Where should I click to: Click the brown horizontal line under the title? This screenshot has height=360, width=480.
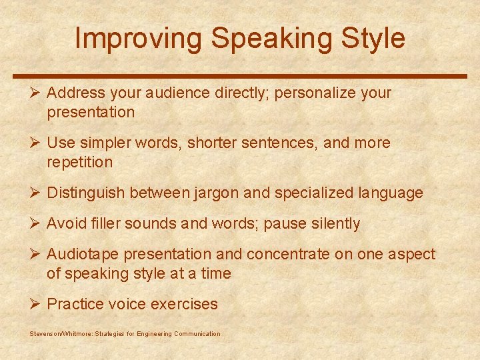click(240, 76)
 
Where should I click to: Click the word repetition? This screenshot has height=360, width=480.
click(80, 162)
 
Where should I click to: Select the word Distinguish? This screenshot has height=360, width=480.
click(86, 193)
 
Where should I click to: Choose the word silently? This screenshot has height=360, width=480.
click(334, 224)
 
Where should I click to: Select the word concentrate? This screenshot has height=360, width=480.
click(288, 255)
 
